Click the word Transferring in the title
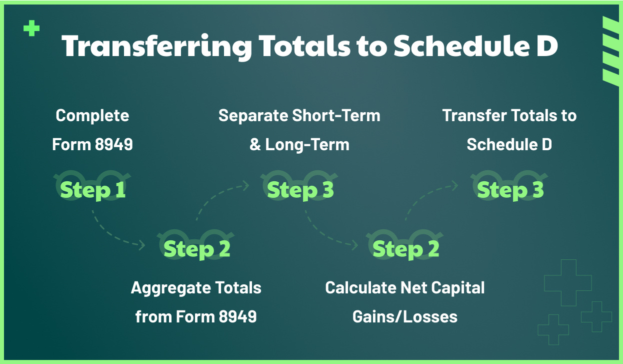[x=156, y=46]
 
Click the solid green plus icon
[x=31, y=29]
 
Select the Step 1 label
[x=92, y=190]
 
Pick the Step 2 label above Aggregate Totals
[x=196, y=249]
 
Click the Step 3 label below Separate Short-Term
[x=300, y=190]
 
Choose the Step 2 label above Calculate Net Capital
[x=405, y=249]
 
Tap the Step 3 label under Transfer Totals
[x=510, y=190]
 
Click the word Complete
[x=92, y=116]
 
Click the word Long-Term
[x=307, y=145]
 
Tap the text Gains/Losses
[x=405, y=316]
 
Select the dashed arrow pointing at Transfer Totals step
[x=425, y=195]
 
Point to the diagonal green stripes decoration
[x=610, y=50]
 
